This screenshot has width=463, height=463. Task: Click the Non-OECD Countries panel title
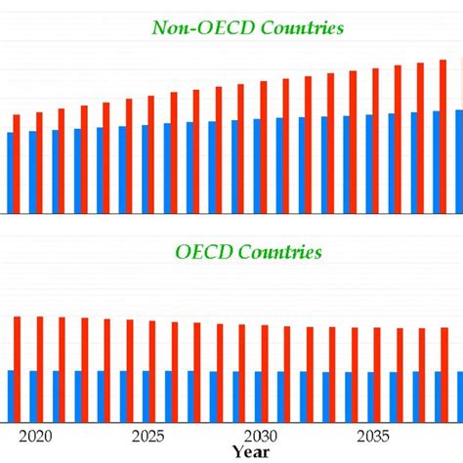tap(247, 28)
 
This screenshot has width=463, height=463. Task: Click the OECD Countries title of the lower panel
tap(248, 252)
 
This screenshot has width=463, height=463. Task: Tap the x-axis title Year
tap(252, 452)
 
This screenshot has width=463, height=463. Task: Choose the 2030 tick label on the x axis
tap(260, 436)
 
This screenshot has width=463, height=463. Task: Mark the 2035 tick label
tap(371, 436)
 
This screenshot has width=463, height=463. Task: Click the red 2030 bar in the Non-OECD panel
tap(264, 147)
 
